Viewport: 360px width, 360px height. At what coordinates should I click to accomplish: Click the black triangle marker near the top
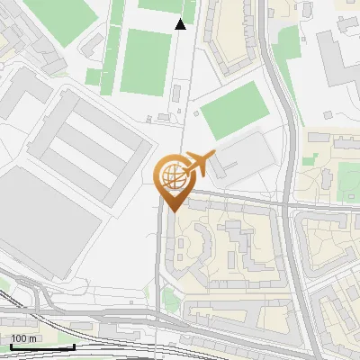click(x=181, y=24)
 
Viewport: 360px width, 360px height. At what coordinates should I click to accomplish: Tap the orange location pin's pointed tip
click(x=172, y=209)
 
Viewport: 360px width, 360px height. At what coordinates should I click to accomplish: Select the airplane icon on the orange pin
click(x=201, y=165)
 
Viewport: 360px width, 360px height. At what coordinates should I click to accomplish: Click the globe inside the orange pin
click(x=172, y=175)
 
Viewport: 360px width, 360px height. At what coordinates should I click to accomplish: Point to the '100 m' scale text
click(x=24, y=339)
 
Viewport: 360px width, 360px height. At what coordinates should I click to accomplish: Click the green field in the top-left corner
click(x=62, y=14)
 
